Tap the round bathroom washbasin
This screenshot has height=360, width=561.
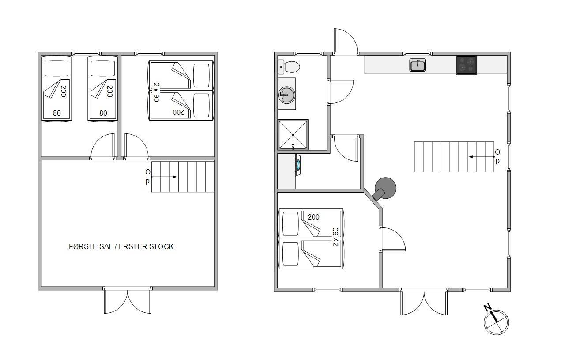click(x=287, y=95)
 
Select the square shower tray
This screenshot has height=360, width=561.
click(x=293, y=135)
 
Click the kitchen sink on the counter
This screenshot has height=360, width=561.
click(x=418, y=65)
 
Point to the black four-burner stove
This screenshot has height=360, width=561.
click(x=467, y=65)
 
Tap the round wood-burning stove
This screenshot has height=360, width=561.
click(x=385, y=189)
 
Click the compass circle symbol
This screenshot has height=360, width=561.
click(x=497, y=322)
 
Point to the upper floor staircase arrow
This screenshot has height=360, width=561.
click(x=164, y=177)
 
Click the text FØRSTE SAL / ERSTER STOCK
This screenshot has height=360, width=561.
click(x=121, y=246)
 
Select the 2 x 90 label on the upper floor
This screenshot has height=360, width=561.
click(x=156, y=92)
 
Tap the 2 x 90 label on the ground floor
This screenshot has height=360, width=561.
click(x=335, y=237)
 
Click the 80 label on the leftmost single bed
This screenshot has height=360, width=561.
click(x=57, y=114)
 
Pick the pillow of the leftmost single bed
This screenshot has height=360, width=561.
click(x=56, y=68)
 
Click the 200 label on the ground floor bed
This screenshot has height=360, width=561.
click(x=313, y=217)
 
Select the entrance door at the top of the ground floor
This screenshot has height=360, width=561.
click(x=346, y=42)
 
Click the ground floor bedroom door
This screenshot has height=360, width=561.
click(x=392, y=239)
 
